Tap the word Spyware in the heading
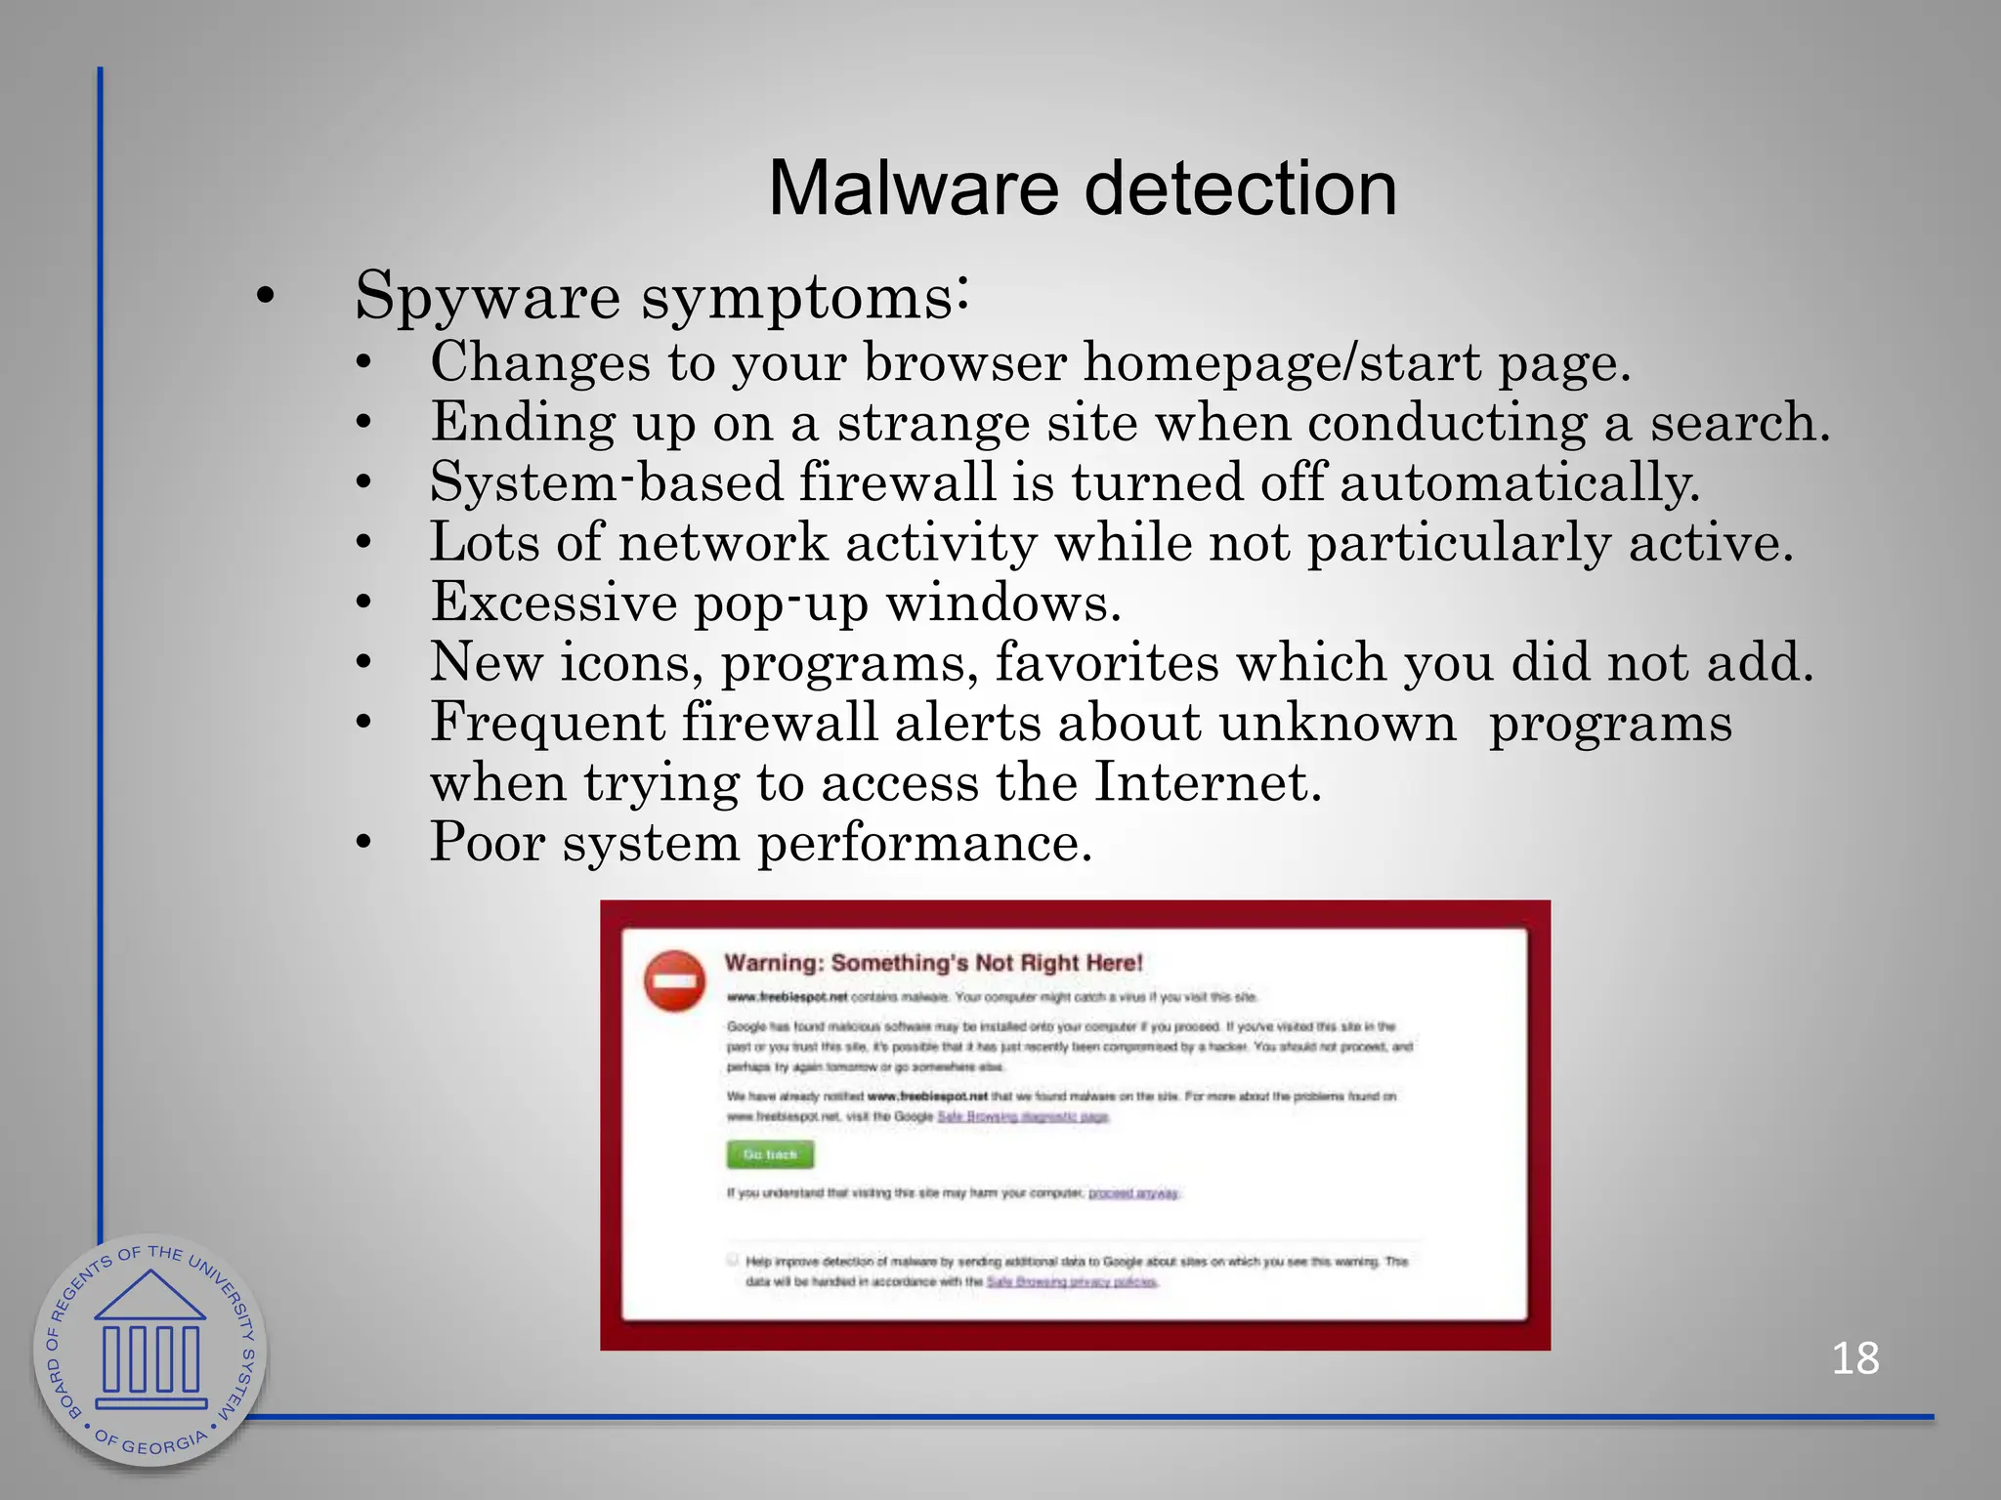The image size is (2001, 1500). pyautogui.click(x=487, y=296)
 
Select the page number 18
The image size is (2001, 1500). pyautogui.click(x=1854, y=1358)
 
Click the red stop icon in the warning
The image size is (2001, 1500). pyautogui.click(x=674, y=980)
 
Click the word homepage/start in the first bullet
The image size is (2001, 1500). pyautogui.click(x=1282, y=362)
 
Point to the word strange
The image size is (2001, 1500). pyautogui.click(x=932, y=423)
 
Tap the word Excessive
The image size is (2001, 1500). pyautogui.click(x=553, y=603)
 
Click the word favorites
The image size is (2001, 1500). pyautogui.click(x=1107, y=662)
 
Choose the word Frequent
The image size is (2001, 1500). pyautogui.click(x=547, y=723)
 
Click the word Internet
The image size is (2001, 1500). pyautogui.click(x=1207, y=782)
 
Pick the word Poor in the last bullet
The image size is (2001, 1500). pyautogui.click(x=487, y=842)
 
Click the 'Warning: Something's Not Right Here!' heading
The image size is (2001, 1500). pyautogui.click(x=933, y=963)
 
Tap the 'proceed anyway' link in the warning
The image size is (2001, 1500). pyautogui.click(x=1133, y=1193)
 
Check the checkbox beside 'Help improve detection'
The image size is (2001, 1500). pyautogui.click(x=733, y=1260)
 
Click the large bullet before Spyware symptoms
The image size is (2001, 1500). pyautogui.click(x=265, y=297)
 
